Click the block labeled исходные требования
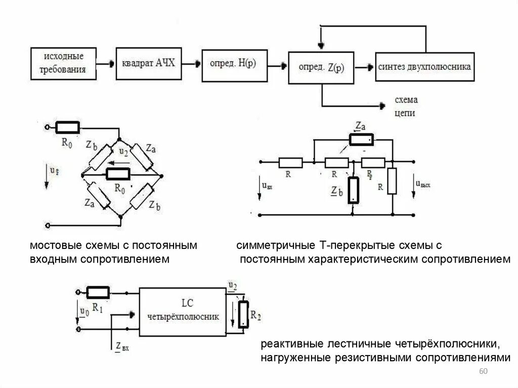pos(63,64)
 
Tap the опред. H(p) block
pos(233,65)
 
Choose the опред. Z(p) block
pos(321,67)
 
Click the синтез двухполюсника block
pos(424,66)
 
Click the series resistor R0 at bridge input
pos(67,127)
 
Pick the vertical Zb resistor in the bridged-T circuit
pos(353,190)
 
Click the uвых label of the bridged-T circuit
pos(423,185)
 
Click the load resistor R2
pos(244,314)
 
